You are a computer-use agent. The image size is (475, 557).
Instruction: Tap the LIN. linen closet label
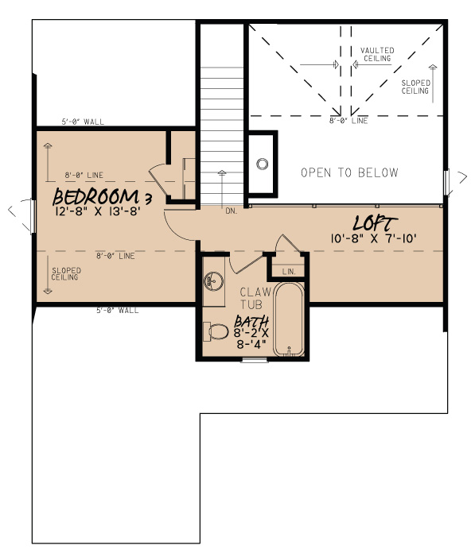[289, 272]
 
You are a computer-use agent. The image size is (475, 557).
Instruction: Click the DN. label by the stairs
[232, 211]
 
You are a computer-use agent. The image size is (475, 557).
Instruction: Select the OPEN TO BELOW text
[349, 172]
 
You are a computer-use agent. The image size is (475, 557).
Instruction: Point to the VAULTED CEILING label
[376, 55]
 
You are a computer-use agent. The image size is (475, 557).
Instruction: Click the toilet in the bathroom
[214, 330]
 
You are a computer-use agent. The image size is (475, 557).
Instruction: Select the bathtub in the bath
[290, 319]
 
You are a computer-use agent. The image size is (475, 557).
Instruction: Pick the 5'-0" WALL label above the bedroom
[83, 122]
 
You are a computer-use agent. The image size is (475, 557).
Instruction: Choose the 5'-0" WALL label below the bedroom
[117, 310]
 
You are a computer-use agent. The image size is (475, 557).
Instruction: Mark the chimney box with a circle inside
[262, 164]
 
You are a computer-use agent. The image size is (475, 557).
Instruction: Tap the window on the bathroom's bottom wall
[255, 360]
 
